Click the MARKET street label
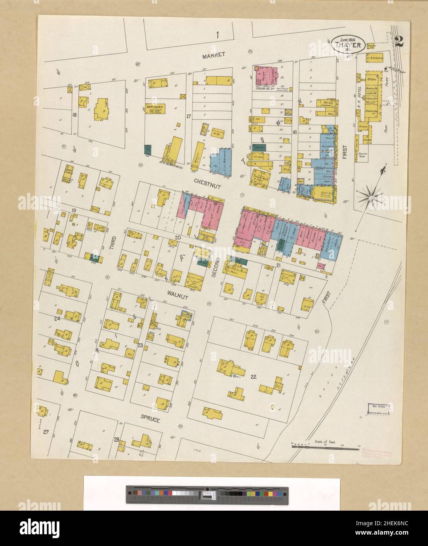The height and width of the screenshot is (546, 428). tap(213, 55)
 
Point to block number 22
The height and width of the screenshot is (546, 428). tap(253, 377)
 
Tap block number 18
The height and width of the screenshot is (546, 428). tap(74, 115)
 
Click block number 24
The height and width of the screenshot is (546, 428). tap(57, 319)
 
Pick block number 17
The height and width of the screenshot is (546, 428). tap(188, 116)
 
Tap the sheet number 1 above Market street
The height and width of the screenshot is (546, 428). tap(217, 35)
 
